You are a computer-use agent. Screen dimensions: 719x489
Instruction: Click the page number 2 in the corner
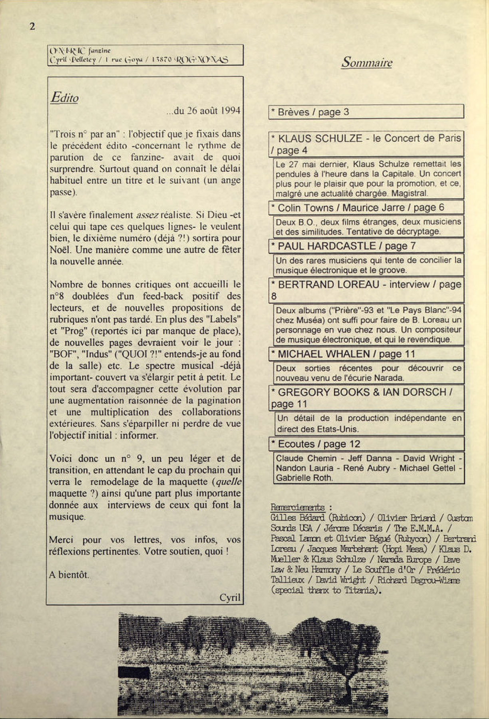[32, 26]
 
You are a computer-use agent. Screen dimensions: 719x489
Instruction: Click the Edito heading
[64, 98]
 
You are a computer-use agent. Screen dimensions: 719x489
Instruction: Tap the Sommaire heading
[367, 62]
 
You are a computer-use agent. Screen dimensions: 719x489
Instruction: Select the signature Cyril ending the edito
[230, 597]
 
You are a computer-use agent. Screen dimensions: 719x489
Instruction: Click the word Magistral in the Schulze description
[409, 193]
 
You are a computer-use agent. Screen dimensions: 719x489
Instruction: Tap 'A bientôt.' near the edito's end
[69, 575]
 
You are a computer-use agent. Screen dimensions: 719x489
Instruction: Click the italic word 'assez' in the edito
[147, 215]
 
